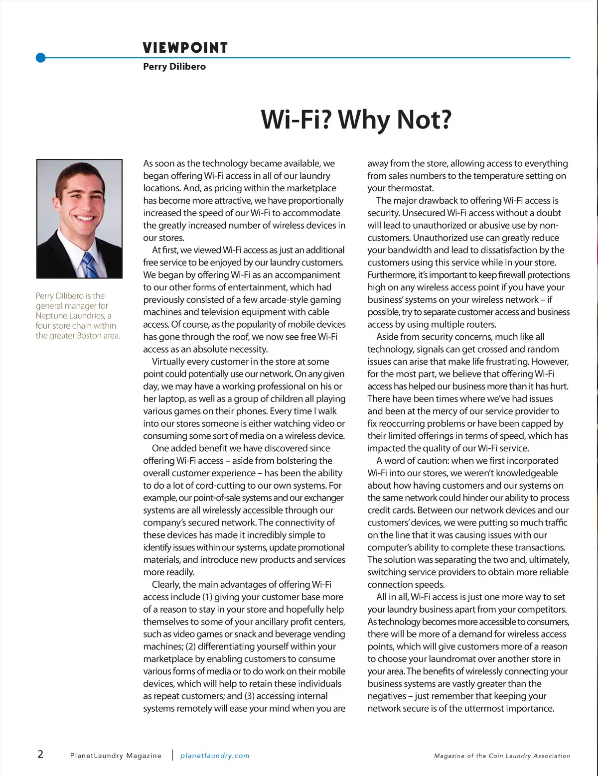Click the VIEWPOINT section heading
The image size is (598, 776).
point(185,48)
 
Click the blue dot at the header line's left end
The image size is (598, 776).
point(41,58)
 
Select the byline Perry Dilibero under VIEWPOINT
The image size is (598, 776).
point(174,66)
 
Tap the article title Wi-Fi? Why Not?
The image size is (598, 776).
point(356,120)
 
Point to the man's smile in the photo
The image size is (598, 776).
point(85,218)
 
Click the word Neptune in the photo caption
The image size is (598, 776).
point(51,316)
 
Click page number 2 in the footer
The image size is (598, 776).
point(40,754)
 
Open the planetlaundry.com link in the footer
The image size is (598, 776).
point(215,756)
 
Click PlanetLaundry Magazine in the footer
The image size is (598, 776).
point(116,756)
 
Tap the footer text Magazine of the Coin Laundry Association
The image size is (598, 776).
point(502,756)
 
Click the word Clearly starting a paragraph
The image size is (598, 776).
point(166,585)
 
